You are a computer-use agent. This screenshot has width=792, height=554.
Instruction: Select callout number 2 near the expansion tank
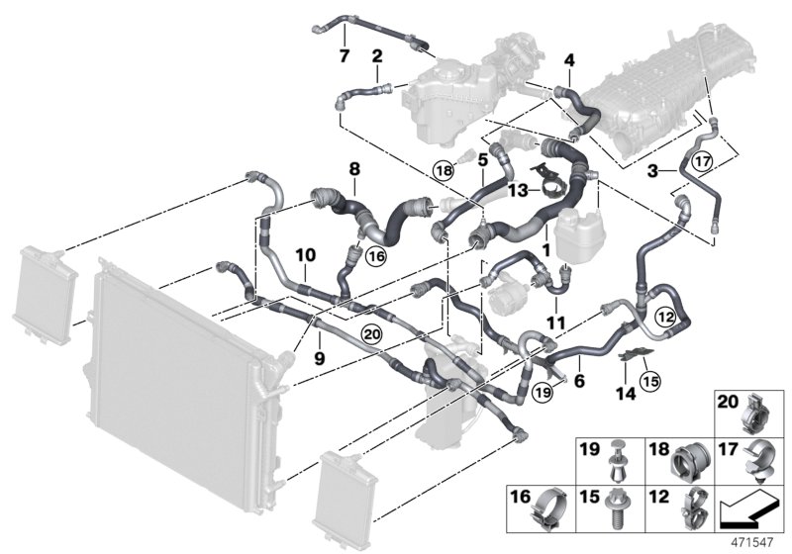[377, 57]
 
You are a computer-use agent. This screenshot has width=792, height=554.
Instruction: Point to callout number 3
[652, 170]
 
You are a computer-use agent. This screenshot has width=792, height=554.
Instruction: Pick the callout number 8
[353, 170]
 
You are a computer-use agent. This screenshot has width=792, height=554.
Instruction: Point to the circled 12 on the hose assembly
[665, 316]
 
